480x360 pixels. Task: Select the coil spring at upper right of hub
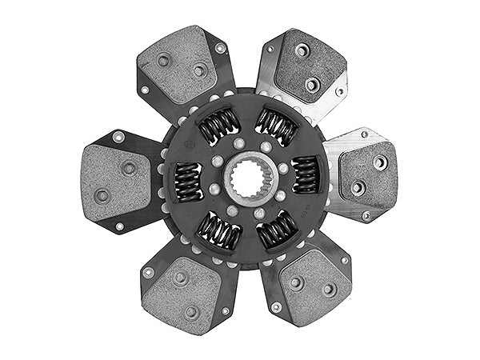pos(276,125)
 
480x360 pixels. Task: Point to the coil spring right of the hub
pos(305,174)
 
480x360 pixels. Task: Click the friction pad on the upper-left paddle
pos(178,64)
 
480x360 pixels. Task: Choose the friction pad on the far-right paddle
pos(368,174)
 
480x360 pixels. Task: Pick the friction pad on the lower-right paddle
pos(314,287)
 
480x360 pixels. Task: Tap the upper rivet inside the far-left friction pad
pos(128,168)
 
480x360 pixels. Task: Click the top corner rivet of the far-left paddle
pos(118,137)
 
